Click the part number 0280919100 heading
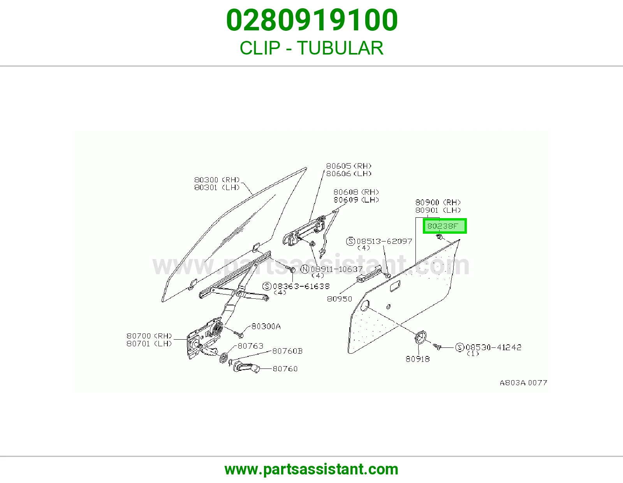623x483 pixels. pyautogui.click(x=311, y=20)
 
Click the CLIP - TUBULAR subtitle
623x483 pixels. pyautogui.click(x=311, y=48)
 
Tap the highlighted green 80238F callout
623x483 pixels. pyautogui.click(x=445, y=226)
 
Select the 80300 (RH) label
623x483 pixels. pyautogui.click(x=217, y=180)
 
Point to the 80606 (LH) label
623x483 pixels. pyautogui.click(x=348, y=173)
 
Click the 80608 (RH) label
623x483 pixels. pyautogui.click(x=356, y=192)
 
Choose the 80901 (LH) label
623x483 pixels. pyautogui.click(x=438, y=210)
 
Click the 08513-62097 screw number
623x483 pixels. pyautogui.click(x=384, y=241)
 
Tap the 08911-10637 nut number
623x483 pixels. pyautogui.click(x=336, y=269)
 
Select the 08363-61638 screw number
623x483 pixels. pyautogui.click(x=301, y=286)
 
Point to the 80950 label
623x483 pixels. pyautogui.click(x=340, y=299)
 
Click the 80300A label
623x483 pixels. pyautogui.click(x=266, y=326)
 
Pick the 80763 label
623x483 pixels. pyautogui.click(x=250, y=346)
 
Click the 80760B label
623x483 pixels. pyautogui.click(x=287, y=351)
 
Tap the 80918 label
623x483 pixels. pyautogui.click(x=417, y=359)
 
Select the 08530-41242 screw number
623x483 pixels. pyautogui.click(x=493, y=347)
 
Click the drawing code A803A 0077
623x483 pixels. pyautogui.click(x=524, y=383)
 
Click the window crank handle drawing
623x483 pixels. pyautogui.click(x=246, y=367)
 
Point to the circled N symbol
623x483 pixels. pyautogui.click(x=305, y=269)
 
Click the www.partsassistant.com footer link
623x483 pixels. pyautogui.click(x=311, y=469)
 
